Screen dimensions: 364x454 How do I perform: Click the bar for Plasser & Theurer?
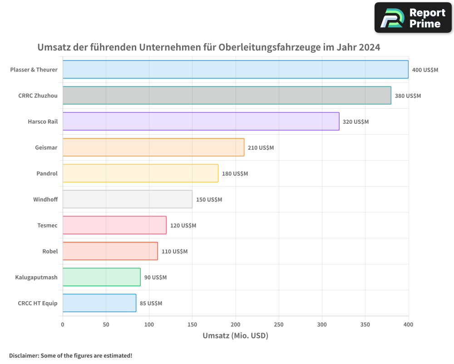coord(235,70)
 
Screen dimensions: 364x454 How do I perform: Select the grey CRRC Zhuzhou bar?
coord(227,96)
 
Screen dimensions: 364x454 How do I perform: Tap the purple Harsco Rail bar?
coord(201,121)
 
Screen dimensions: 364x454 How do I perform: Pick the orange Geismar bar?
coord(153,147)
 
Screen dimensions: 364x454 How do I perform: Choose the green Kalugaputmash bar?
coord(101,277)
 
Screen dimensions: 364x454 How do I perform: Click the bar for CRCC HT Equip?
coord(99,303)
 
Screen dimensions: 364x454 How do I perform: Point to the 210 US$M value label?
coord(261,148)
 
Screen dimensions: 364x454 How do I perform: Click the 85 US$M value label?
coord(151,303)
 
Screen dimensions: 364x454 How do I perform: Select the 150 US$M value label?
coord(209,200)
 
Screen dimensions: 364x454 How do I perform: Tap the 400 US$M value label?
coord(425,70)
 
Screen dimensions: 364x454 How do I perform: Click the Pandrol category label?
coord(47,173)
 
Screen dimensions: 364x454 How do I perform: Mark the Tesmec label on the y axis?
coord(47,225)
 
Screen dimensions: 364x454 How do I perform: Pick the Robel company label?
coord(50,251)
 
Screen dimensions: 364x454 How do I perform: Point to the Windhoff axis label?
coord(45,199)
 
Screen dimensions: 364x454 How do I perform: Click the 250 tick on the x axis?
coord(279,324)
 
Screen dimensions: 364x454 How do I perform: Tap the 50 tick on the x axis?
coord(106,324)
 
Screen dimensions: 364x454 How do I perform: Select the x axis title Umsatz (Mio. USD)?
coord(235,336)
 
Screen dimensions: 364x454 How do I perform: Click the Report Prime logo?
coord(413,18)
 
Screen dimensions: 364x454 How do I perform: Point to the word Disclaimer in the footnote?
coord(23,355)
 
